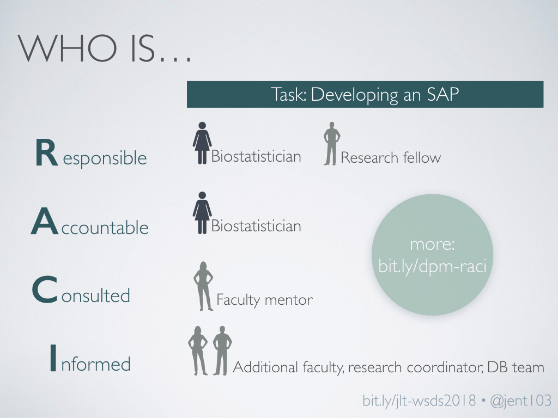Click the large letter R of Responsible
pos(47,152)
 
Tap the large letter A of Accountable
pos(45,221)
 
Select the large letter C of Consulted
pos(45,290)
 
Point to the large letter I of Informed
pos(53,358)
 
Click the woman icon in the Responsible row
pos(202,143)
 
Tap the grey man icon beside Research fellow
pos(332,144)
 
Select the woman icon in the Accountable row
pos(202,213)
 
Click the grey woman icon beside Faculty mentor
pos(203,286)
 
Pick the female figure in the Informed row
pos(197,351)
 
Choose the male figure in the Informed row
pos(222,351)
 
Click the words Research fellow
pos(391,157)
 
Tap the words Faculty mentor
pos(264,300)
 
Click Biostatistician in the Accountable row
pos(256,226)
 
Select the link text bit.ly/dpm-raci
pos(432,266)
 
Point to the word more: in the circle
pos(432,244)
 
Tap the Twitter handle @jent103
pos(520,401)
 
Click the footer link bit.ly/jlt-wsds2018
pos(419,401)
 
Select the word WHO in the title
pos(67,48)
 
